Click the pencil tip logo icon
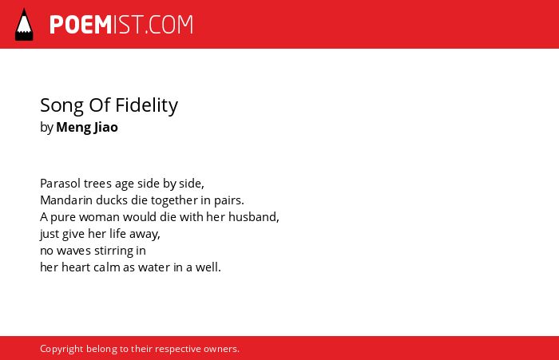24,25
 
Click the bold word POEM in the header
81,25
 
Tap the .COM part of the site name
169,25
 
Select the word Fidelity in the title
146,105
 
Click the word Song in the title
62,106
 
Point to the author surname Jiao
106,127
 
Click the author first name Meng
73,128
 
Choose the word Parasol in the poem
60,184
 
